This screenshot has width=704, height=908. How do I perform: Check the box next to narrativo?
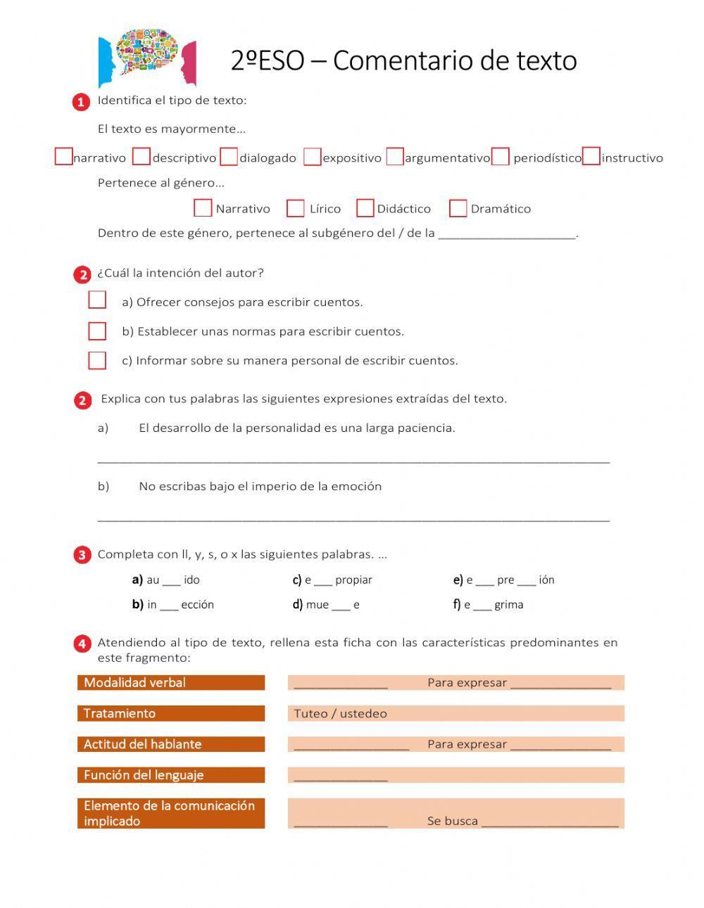click(x=63, y=156)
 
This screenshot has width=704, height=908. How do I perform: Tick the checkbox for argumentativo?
click(x=395, y=156)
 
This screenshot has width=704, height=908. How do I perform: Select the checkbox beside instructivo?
click(x=591, y=156)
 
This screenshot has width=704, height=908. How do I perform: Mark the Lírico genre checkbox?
click(x=296, y=208)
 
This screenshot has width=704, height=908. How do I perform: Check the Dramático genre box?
click(x=458, y=208)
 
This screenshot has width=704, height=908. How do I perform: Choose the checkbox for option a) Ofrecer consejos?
click(x=97, y=300)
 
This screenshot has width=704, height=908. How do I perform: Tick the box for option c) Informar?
click(x=97, y=360)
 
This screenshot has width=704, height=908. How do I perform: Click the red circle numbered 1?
click(x=82, y=102)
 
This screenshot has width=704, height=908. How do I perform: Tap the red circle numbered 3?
click(x=82, y=555)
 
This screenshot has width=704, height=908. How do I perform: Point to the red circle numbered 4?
click(x=82, y=643)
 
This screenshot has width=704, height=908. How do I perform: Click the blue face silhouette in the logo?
click(x=108, y=62)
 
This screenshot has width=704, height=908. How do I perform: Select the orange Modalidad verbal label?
click(x=171, y=682)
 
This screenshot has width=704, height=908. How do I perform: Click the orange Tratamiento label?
click(x=171, y=713)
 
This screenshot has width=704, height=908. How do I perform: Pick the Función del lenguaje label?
click(x=171, y=775)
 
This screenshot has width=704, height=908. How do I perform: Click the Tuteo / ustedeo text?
click(x=340, y=713)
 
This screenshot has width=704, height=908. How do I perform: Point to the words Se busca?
click(x=452, y=821)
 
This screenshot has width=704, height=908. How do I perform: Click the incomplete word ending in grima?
click(x=493, y=604)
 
